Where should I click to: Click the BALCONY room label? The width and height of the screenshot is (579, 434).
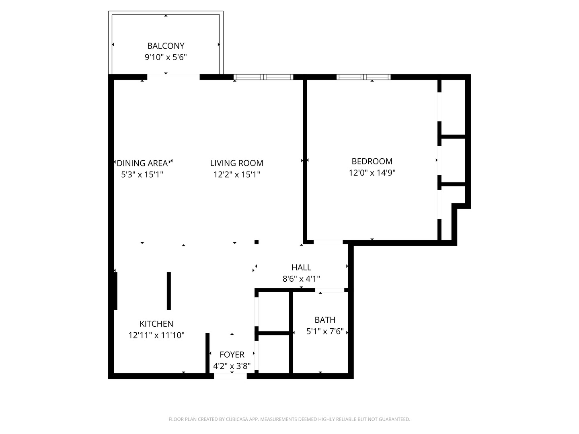coord(166,46)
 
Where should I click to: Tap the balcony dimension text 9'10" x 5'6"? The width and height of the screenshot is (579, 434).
coord(166,57)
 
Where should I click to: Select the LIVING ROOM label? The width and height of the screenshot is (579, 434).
coord(236,163)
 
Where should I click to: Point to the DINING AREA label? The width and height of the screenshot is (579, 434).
coord(142,163)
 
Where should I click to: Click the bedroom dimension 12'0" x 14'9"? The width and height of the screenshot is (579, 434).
coord(372,173)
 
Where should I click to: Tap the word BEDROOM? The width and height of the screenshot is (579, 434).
coord(372,162)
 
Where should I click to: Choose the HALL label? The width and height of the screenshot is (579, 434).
coord(301,267)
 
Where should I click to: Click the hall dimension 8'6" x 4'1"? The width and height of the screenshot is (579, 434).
coord(301,278)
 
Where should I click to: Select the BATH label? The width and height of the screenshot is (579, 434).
coord(325,320)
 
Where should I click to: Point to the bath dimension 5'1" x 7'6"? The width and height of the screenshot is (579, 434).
coord(325,332)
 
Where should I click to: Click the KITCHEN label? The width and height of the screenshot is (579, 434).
coord(156,324)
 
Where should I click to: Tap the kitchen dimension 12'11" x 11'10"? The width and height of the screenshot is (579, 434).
coord(156,335)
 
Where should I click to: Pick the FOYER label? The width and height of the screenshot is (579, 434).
coord(232,354)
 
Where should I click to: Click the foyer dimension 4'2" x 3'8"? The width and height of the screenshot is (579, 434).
coord(232,366)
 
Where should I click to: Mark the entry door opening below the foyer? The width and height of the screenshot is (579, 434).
coord(230,376)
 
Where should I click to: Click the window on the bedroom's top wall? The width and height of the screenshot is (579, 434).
coord(363,77)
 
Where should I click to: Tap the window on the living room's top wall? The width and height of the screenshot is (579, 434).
coord(263,77)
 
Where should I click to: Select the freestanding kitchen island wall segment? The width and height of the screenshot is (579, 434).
coord(169,291)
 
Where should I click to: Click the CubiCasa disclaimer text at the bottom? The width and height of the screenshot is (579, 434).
coord(289,419)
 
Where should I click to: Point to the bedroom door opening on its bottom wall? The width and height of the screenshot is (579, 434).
coord(328,242)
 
